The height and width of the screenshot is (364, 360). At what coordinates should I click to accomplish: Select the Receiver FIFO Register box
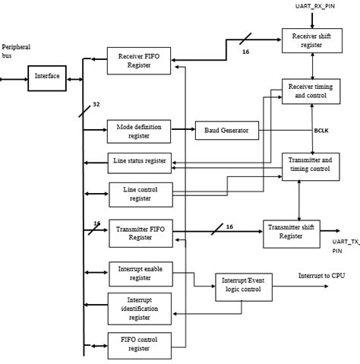(x=139, y=61)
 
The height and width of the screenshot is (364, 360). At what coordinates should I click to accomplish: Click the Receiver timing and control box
(x=310, y=91)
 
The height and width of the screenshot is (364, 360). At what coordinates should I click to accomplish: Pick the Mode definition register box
(x=138, y=131)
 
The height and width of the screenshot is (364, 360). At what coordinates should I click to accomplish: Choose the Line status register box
(x=138, y=161)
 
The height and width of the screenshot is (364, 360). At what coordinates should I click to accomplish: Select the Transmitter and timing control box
(x=310, y=165)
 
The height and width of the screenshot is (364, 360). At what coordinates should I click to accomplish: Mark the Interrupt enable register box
(x=141, y=273)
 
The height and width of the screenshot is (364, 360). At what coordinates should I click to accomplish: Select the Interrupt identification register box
(x=140, y=309)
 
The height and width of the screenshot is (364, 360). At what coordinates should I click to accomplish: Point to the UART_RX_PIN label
(x=314, y=7)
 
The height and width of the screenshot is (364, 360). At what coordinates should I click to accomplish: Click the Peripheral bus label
(x=17, y=52)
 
